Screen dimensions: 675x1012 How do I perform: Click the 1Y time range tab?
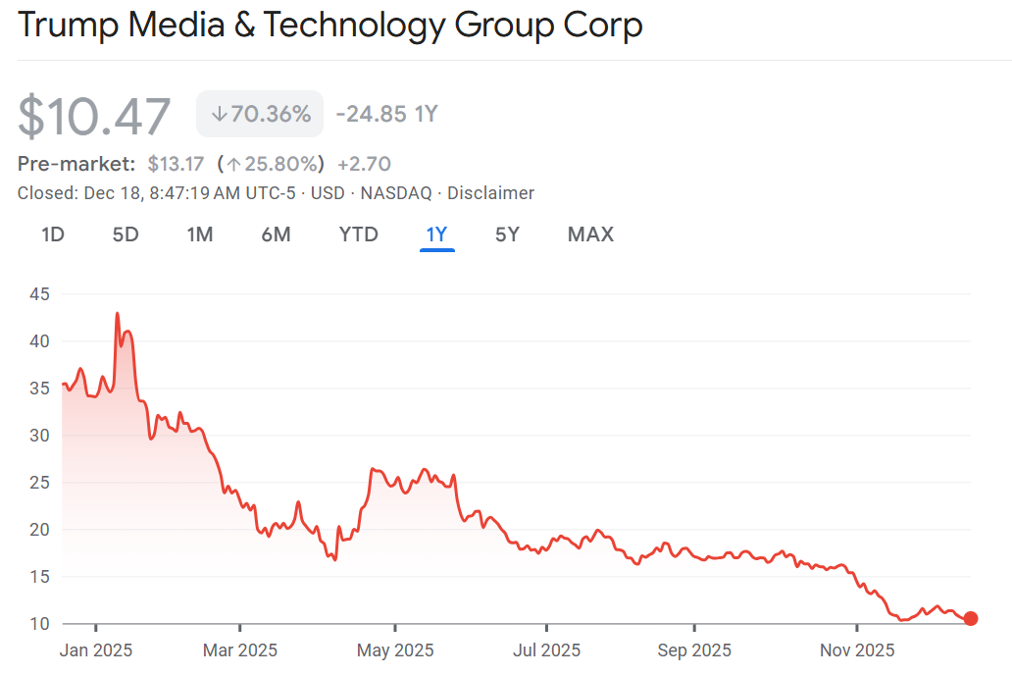(x=436, y=234)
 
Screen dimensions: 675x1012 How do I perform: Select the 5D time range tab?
(x=126, y=234)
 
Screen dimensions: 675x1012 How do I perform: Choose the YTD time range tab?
(x=358, y=234)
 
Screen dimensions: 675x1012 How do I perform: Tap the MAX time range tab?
(x=590, y=234)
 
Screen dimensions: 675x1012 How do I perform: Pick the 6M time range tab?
(x=276, y=234)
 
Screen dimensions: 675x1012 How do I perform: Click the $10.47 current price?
(x=94, y=116)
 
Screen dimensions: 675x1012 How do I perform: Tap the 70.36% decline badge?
(x=260, y=114)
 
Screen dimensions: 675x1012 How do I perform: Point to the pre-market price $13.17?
(x=176, y=163)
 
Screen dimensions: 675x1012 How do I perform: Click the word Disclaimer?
(x=490, y=193)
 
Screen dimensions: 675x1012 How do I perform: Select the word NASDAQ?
(x=395, y=193)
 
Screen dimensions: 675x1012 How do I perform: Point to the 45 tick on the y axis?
(x=39, y=294)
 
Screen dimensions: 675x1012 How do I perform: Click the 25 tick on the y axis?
(x=39, y=483)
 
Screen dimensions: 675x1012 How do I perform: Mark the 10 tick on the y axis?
(x=39, y=624)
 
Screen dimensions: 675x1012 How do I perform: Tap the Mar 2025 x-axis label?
(x=240, y=649)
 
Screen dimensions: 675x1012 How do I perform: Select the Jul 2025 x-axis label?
(x=547, y=649)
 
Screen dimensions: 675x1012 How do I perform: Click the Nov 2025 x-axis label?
(x=857, y=649)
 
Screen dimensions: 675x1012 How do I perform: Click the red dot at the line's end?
(x=971, y=618)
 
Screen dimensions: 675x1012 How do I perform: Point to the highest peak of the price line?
(x=118, y=314)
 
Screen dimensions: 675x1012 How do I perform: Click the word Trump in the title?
(x=71, y=25)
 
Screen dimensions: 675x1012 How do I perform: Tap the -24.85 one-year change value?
(x=371, y=114)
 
